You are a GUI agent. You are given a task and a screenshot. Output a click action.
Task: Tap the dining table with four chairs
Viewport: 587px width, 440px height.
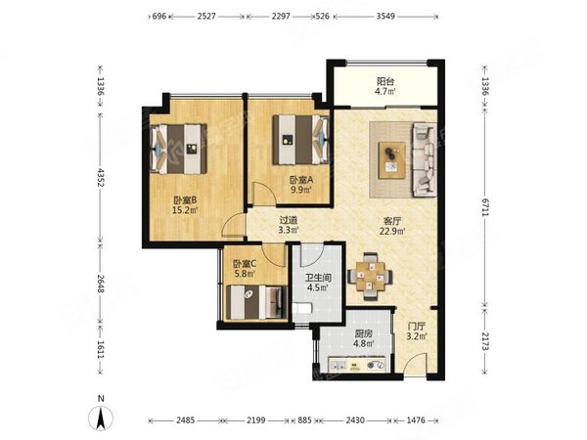coord(370,277)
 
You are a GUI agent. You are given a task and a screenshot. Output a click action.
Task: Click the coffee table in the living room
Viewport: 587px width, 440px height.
coord(391,160)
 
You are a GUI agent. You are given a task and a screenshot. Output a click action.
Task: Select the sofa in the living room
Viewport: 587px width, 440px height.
coord(425,160)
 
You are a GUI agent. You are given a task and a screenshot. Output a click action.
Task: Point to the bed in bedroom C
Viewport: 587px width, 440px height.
coord(255,302)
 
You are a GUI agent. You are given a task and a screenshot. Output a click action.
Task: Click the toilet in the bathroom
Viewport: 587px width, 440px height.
coord(301,309)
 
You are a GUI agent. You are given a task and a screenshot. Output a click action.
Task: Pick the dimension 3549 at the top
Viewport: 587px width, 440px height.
coord(385,16)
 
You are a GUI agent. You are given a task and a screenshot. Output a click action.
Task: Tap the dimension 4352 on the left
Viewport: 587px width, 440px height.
coord(101,177)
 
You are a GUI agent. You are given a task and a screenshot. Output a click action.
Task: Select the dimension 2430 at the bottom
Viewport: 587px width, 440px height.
coord(355,420)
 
